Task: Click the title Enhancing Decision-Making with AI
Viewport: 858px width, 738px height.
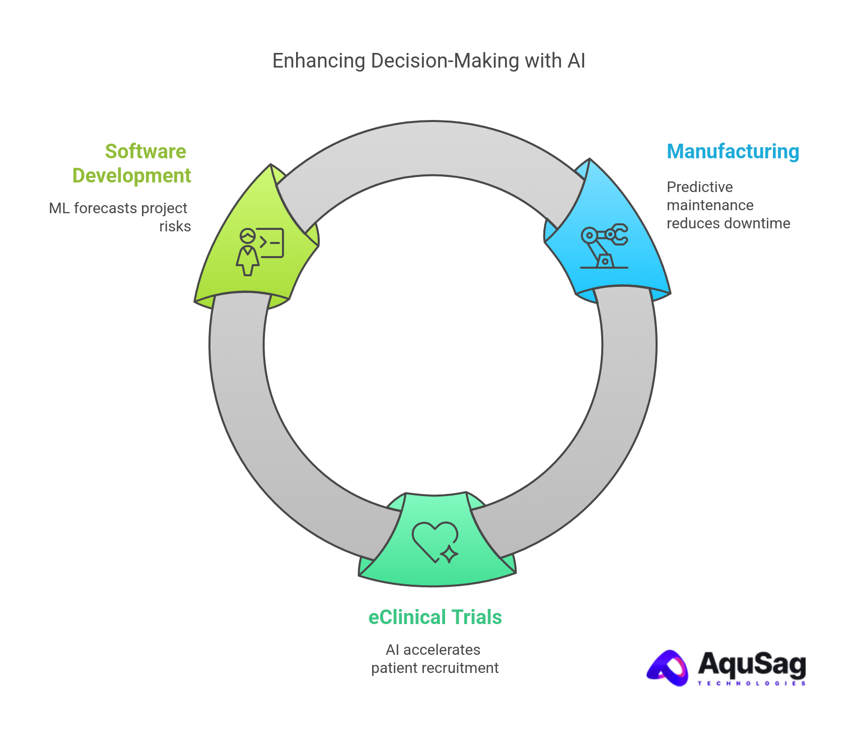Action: tap(428, 61)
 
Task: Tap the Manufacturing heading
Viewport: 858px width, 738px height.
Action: tap(733, 152)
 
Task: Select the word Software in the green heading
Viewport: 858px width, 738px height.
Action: tap(146, 152)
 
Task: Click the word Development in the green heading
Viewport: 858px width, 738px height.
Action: tap(131, 176)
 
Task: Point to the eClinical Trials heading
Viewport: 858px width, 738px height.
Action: tap(435, 618)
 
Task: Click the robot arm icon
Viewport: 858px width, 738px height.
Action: tap(604, 246)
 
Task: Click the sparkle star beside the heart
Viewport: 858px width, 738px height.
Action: tap(449, 554)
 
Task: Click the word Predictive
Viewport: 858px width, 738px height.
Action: tap(699, 187)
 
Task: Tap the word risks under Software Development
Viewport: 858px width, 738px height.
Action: tap(175, 226)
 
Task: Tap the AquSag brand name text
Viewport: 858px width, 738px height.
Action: tap(751, 664)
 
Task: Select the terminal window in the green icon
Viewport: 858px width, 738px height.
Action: tap(271, 242)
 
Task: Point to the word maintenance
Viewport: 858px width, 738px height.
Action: tap(710, 205)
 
